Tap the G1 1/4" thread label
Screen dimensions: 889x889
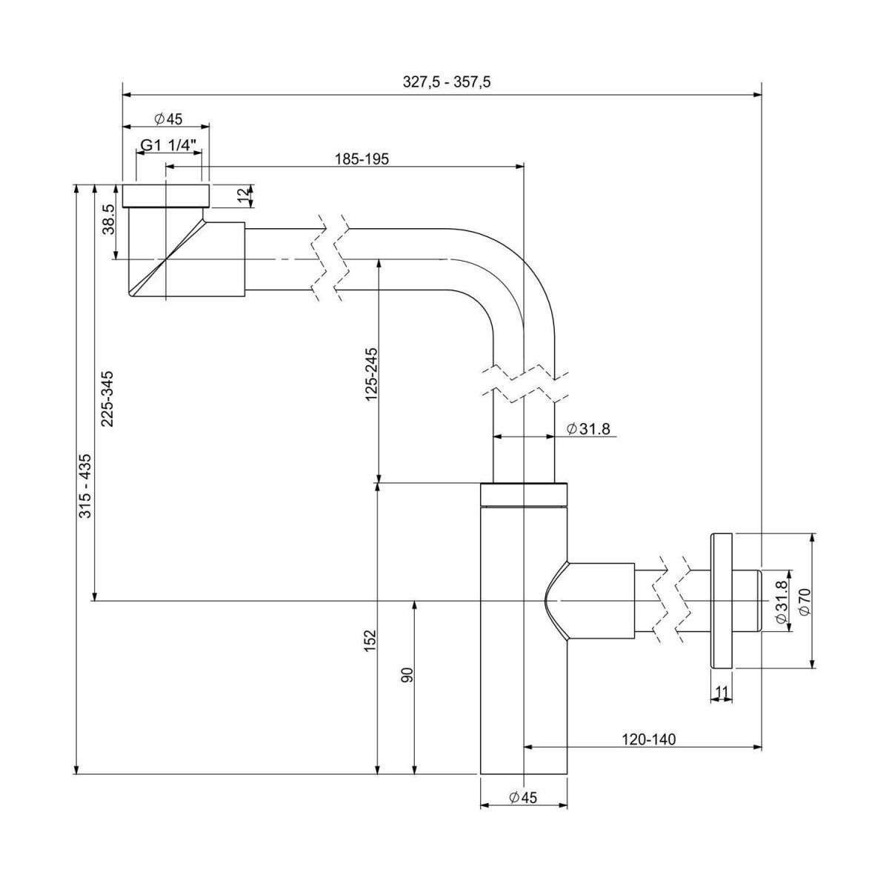pyautogui.click(x=169, y=146)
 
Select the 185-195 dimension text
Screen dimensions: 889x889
pyautogui.click(x=362, y=158)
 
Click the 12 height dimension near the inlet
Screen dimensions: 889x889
pyautogui.click(x=242, y=196)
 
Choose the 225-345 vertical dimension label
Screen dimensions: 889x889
pyautogui.click(x=108, y=398)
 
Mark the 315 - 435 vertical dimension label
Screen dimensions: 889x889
pyautogui.click(x=86, y=485)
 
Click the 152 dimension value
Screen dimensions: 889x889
pyautogui.click(x=372, y=641)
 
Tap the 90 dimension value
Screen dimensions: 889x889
pyautogui.click(x=406, y=675)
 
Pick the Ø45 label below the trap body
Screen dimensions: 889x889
pyautogui.click(x=523, y=796)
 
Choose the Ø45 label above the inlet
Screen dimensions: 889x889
pyautogui.click(x=167, y=119)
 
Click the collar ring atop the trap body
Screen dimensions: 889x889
pyautogui.click(x=524, y=493)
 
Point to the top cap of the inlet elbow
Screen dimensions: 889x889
pyautogui.click(x=166, y=195)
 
